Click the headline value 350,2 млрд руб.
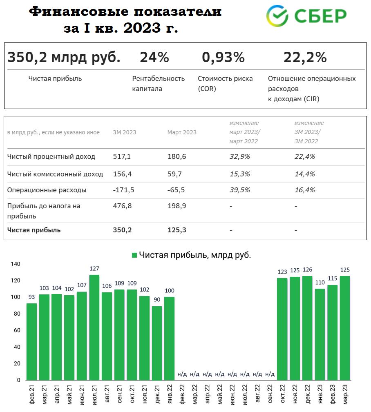tap(64, 58)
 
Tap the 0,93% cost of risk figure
tap(223, 58)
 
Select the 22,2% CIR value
tap(305, 58)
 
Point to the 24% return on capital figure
tap(154, 58)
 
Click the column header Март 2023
tap(182, 132)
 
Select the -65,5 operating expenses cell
tap(176, 190)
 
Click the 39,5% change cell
tap(239, 190)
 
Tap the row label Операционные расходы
tap(47, 190)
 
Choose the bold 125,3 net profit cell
tap(177, 230)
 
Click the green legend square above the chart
tap(134, 255)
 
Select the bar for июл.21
tap(94, 327)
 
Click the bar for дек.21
tap(157, 343)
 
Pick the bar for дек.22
tap(307, 328)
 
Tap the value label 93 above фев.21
tap(31, 297)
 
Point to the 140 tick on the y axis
tap(16, 264)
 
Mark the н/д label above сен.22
tap(270, 374)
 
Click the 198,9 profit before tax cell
tap(177, 206)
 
